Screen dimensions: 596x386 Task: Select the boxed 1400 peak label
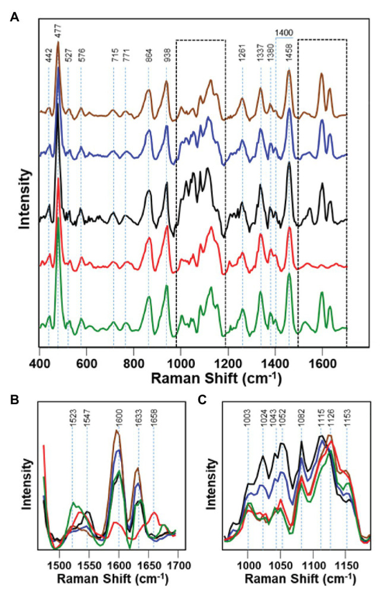click(283, 33)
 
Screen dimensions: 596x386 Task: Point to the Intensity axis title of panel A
click(24, 199)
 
